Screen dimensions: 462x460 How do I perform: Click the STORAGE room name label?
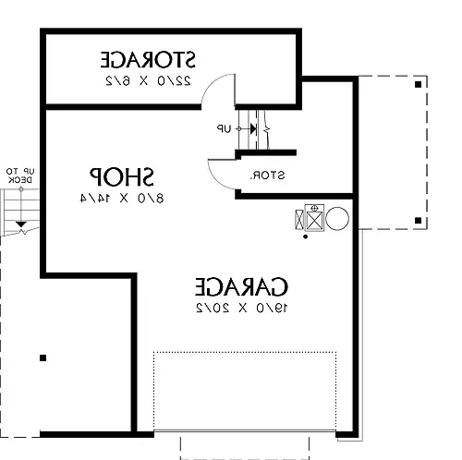[x=148, y=59]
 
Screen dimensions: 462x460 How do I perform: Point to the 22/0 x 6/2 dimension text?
[x=148, y=80]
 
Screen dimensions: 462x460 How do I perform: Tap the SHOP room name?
[x=121, y=176]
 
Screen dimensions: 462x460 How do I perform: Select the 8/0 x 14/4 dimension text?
[x=122, y=199]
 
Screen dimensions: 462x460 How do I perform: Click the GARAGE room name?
[x=242, y=286]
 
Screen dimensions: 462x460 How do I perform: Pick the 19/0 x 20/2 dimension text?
[x=242, y=308]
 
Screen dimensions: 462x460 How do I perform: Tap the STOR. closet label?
[x=267, y=176]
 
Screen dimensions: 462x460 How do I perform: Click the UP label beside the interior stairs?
[x=224, y=128]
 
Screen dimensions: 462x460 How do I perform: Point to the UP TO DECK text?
[x=20, y=176]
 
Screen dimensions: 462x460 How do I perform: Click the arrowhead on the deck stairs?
[x=20, y=224]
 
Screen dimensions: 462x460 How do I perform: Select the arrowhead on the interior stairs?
[x=253, y=128]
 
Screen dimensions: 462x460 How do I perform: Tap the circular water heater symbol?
[x=337, y=219]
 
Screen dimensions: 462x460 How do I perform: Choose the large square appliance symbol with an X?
[x=314, y=218]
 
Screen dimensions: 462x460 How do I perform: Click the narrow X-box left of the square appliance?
[x=299, y=220]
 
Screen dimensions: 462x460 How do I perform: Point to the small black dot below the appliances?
[x=305, y=236]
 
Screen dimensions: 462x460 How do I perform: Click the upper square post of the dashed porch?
[x=418, y=84]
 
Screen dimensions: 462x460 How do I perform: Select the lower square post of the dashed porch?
[x=418, y=221]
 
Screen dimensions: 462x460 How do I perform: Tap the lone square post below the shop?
[x=43, y=357]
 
